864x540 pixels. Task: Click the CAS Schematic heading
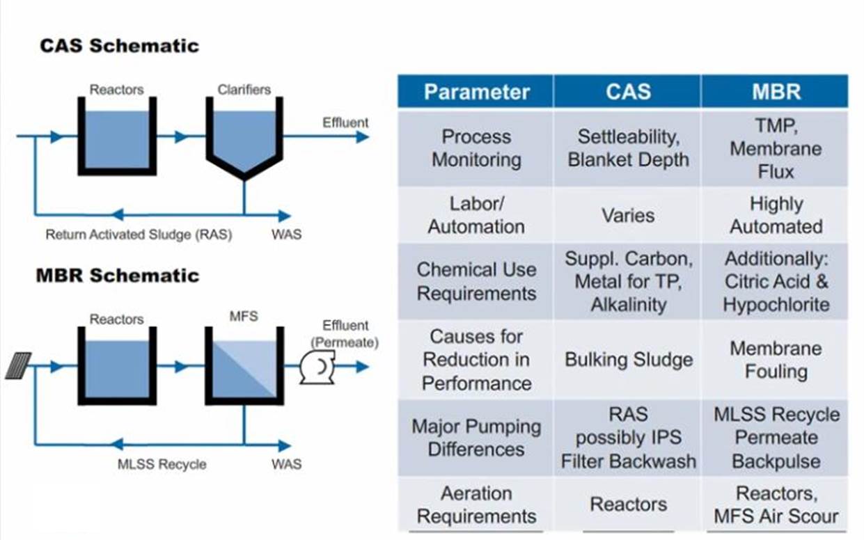click(x=120, y=45)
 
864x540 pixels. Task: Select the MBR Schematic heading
click(x=118, y=275)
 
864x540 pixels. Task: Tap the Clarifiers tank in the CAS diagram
click(x=244, y=138)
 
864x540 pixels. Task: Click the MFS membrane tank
click(x=244, y=365)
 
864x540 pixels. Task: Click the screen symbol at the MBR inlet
click(x=18, y=365)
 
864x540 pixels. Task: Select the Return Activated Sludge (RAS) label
click(x=139, y=235)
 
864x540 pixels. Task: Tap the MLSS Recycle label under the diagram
click(x=162, y=464)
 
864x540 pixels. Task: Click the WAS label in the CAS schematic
click(x=287, y=235)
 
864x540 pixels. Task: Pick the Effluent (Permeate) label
click(x=345, y=334)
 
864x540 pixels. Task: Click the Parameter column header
click(x=477, y=92)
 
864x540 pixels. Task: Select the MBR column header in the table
click(x=776, y=92)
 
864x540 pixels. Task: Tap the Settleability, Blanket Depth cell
click(x=628, y=148)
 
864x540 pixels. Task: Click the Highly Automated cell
click(x=776, y=215)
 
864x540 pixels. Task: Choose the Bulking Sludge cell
click(x=629, y=360)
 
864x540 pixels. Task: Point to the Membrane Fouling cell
click(x=776, y=360)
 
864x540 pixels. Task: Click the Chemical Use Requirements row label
click(x=477, y=281)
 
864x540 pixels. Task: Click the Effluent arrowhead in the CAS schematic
click(x=363, y=136)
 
